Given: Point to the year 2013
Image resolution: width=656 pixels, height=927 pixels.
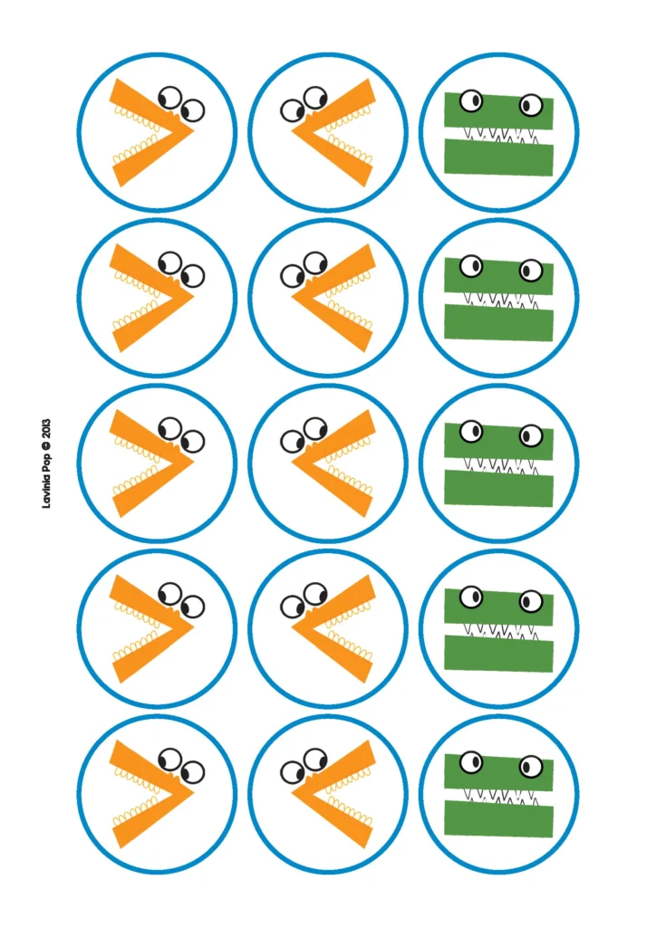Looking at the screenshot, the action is [47, 428].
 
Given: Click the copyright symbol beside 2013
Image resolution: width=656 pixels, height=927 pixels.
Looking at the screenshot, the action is [47, 445].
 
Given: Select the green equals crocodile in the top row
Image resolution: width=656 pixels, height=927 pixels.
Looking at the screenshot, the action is [498, 132].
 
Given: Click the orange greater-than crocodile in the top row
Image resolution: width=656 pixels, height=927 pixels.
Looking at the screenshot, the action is [156, 132].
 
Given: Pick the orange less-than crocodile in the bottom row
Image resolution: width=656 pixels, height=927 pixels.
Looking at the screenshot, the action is [329, 794].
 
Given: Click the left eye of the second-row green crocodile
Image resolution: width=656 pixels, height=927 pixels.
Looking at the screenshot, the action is [471, 266].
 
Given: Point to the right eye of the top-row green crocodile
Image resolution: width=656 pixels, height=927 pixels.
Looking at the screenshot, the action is [531, 105].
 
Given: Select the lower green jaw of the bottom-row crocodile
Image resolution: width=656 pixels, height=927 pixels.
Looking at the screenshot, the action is [498, 817].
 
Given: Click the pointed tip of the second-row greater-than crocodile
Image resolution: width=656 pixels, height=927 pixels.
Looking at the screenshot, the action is [193, 297].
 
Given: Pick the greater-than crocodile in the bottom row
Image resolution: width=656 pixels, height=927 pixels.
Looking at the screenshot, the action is [156, 794].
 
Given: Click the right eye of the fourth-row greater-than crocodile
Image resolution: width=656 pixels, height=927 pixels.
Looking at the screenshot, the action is [193, 607].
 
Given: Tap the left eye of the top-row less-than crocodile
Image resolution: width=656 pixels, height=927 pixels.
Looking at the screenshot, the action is [293, 110].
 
